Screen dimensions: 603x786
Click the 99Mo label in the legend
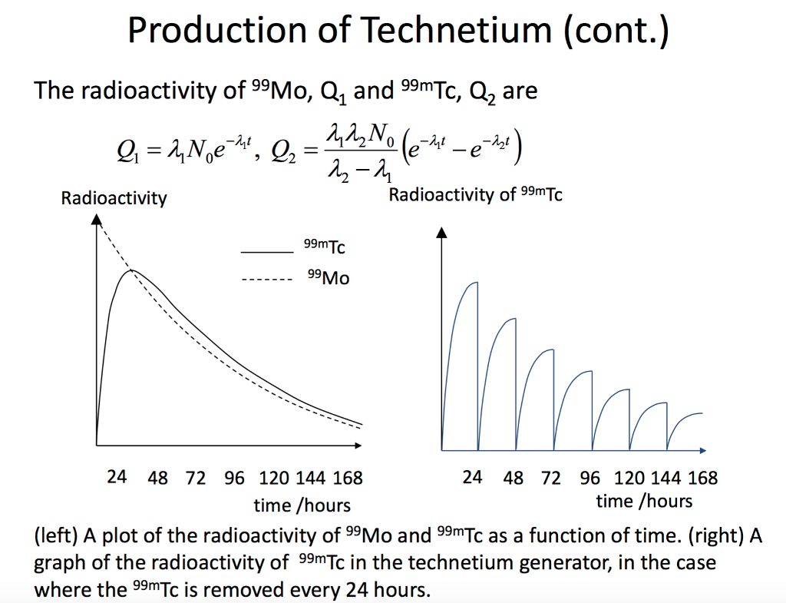click(x=328, y=278)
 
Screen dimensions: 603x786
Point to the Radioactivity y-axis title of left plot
click(x=114, y=198)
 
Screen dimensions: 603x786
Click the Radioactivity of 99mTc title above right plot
click(x=475, y=194)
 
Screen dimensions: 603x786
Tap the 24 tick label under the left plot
click(x=117, y=477)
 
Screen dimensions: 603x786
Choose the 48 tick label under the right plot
click(x=513, y=478)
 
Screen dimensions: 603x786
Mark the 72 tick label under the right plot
click(x=550, y=478)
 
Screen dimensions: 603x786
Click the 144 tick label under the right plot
click(x=665, y=478)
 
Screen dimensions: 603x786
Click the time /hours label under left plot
click(x=302, y=505)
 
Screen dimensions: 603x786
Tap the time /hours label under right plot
click(x=644, y=502)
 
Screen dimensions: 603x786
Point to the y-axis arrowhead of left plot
click(x=96, y=221)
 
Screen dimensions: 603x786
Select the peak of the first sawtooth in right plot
click(x=477, y=283)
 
